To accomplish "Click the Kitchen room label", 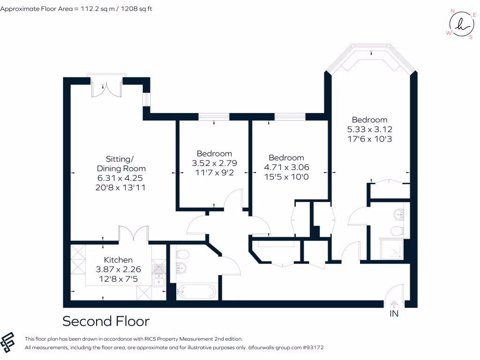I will point(118,260).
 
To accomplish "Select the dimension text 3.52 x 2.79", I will point(214,163).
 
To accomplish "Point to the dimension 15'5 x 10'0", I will point(286,176).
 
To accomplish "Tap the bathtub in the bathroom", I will point(196,292).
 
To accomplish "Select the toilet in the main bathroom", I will point(182,255).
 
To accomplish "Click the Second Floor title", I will point(106,321).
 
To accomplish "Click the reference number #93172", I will point(313,348).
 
